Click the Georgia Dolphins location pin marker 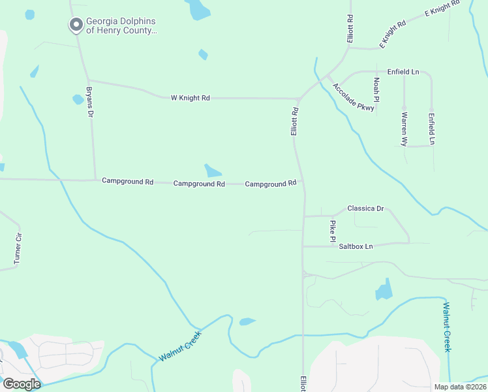(76, 25)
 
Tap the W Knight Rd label (191, 98)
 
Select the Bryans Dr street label (90, 101)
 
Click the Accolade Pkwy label (354, 97)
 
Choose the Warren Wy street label (404, 128)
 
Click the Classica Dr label (365, 208)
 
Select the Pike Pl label (333, 229)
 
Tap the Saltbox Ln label (356, 246)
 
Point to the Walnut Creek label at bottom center (180, 347)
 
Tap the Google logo (21, 384)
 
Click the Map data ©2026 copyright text (459, 387)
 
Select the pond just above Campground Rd (213, 171)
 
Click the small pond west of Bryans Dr (78, 99)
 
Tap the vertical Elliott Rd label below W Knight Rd (294, 122)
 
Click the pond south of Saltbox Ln (384, 289)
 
